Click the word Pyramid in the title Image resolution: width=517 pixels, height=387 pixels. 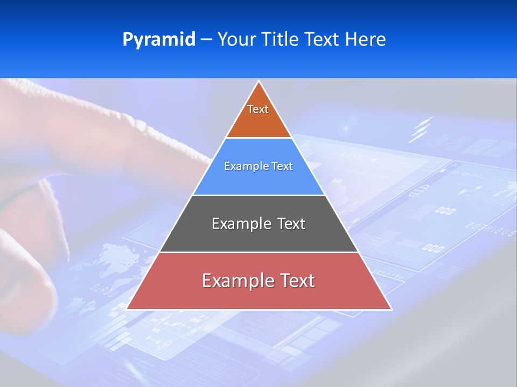pyautogui.click(x=159, y=40)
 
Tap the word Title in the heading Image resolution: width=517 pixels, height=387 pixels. pyautogui.click(x=283, y=40)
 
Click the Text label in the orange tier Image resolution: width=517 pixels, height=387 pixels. pyautogui.click(x=258, y=109)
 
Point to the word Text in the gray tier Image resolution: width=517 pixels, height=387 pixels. pyautogui.click(x=291, y=224)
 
